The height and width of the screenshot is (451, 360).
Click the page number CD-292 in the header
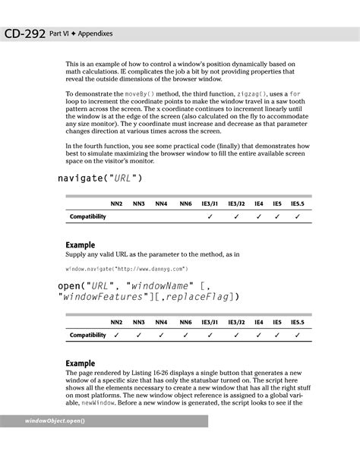pyautogui.click(x=23, y=33)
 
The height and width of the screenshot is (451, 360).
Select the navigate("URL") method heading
pyautogui.click(x=99, y=178)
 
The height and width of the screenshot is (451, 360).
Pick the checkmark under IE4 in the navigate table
pyautogui.click(x=259, y=217)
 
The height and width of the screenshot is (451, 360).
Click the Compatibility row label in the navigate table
pyautogui.click(x=88, y=217)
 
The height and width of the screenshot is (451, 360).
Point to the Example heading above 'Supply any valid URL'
pyautogui.click(x=80, y=245)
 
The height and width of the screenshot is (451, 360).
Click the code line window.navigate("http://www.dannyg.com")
pyautogui.click(x=126, y=268)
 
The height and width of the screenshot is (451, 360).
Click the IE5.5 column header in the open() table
pyautogui.click(x=298, y=322)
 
